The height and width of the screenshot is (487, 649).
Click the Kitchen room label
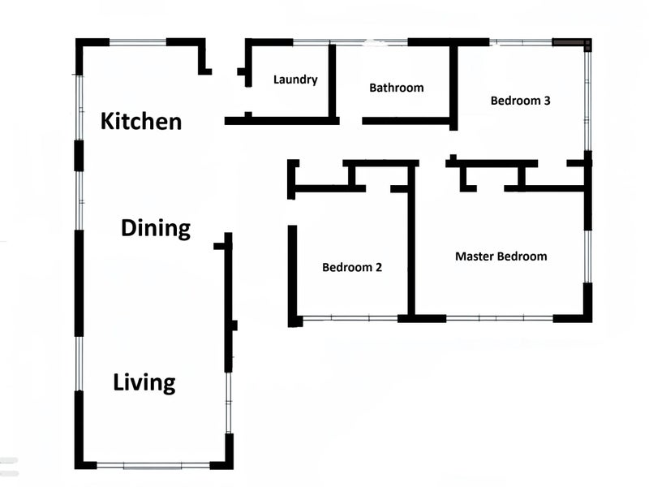[x=141, y=121]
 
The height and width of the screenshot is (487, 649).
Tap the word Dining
[x=156, y=228]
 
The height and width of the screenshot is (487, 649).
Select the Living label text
[x=144, y=382]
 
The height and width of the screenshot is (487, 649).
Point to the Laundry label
[x=295, y=79]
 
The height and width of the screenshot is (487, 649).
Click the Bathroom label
[x=397, y=88]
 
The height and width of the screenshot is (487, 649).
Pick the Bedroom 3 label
[x=520, y=101]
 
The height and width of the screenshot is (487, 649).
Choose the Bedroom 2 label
[x=352, y=267]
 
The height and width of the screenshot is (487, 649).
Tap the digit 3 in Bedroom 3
[x=547, y=101]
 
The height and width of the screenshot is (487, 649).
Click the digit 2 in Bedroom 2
[x=378, y=267]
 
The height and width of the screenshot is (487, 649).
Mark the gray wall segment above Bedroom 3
[x=569, y=43]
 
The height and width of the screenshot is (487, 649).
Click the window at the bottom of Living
[x=153, y=466]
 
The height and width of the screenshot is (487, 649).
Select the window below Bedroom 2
[x=350, y=318]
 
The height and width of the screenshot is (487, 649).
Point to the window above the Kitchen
[x=138, y=42]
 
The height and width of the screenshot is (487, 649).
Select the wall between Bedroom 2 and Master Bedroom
[x=411, y=240]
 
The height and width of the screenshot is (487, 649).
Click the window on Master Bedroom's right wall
[x=587, y=256]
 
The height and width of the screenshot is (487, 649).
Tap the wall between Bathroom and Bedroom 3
[x=453, y=86]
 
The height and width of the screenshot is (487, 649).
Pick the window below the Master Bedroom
[x=500, y=318]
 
